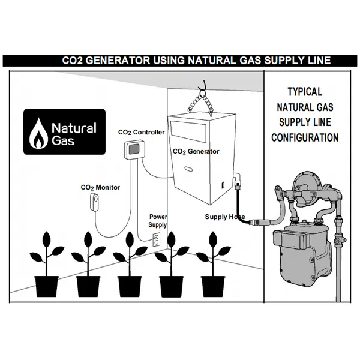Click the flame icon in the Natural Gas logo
pyautogui.click(x=40, y=133)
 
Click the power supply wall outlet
pyautogui.click(x=156, y=240)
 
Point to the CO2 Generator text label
pyautogui.click(x=196, y=152)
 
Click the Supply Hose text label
pyautogui.click(x=225, y=217)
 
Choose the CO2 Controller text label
pyautogui.click(x=141, y=132)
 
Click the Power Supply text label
pyautogui.click(x=158, y=220)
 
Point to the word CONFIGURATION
pyautogui.click(x=305, y=137)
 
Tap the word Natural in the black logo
pyautogui.click(x=73, y=128)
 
